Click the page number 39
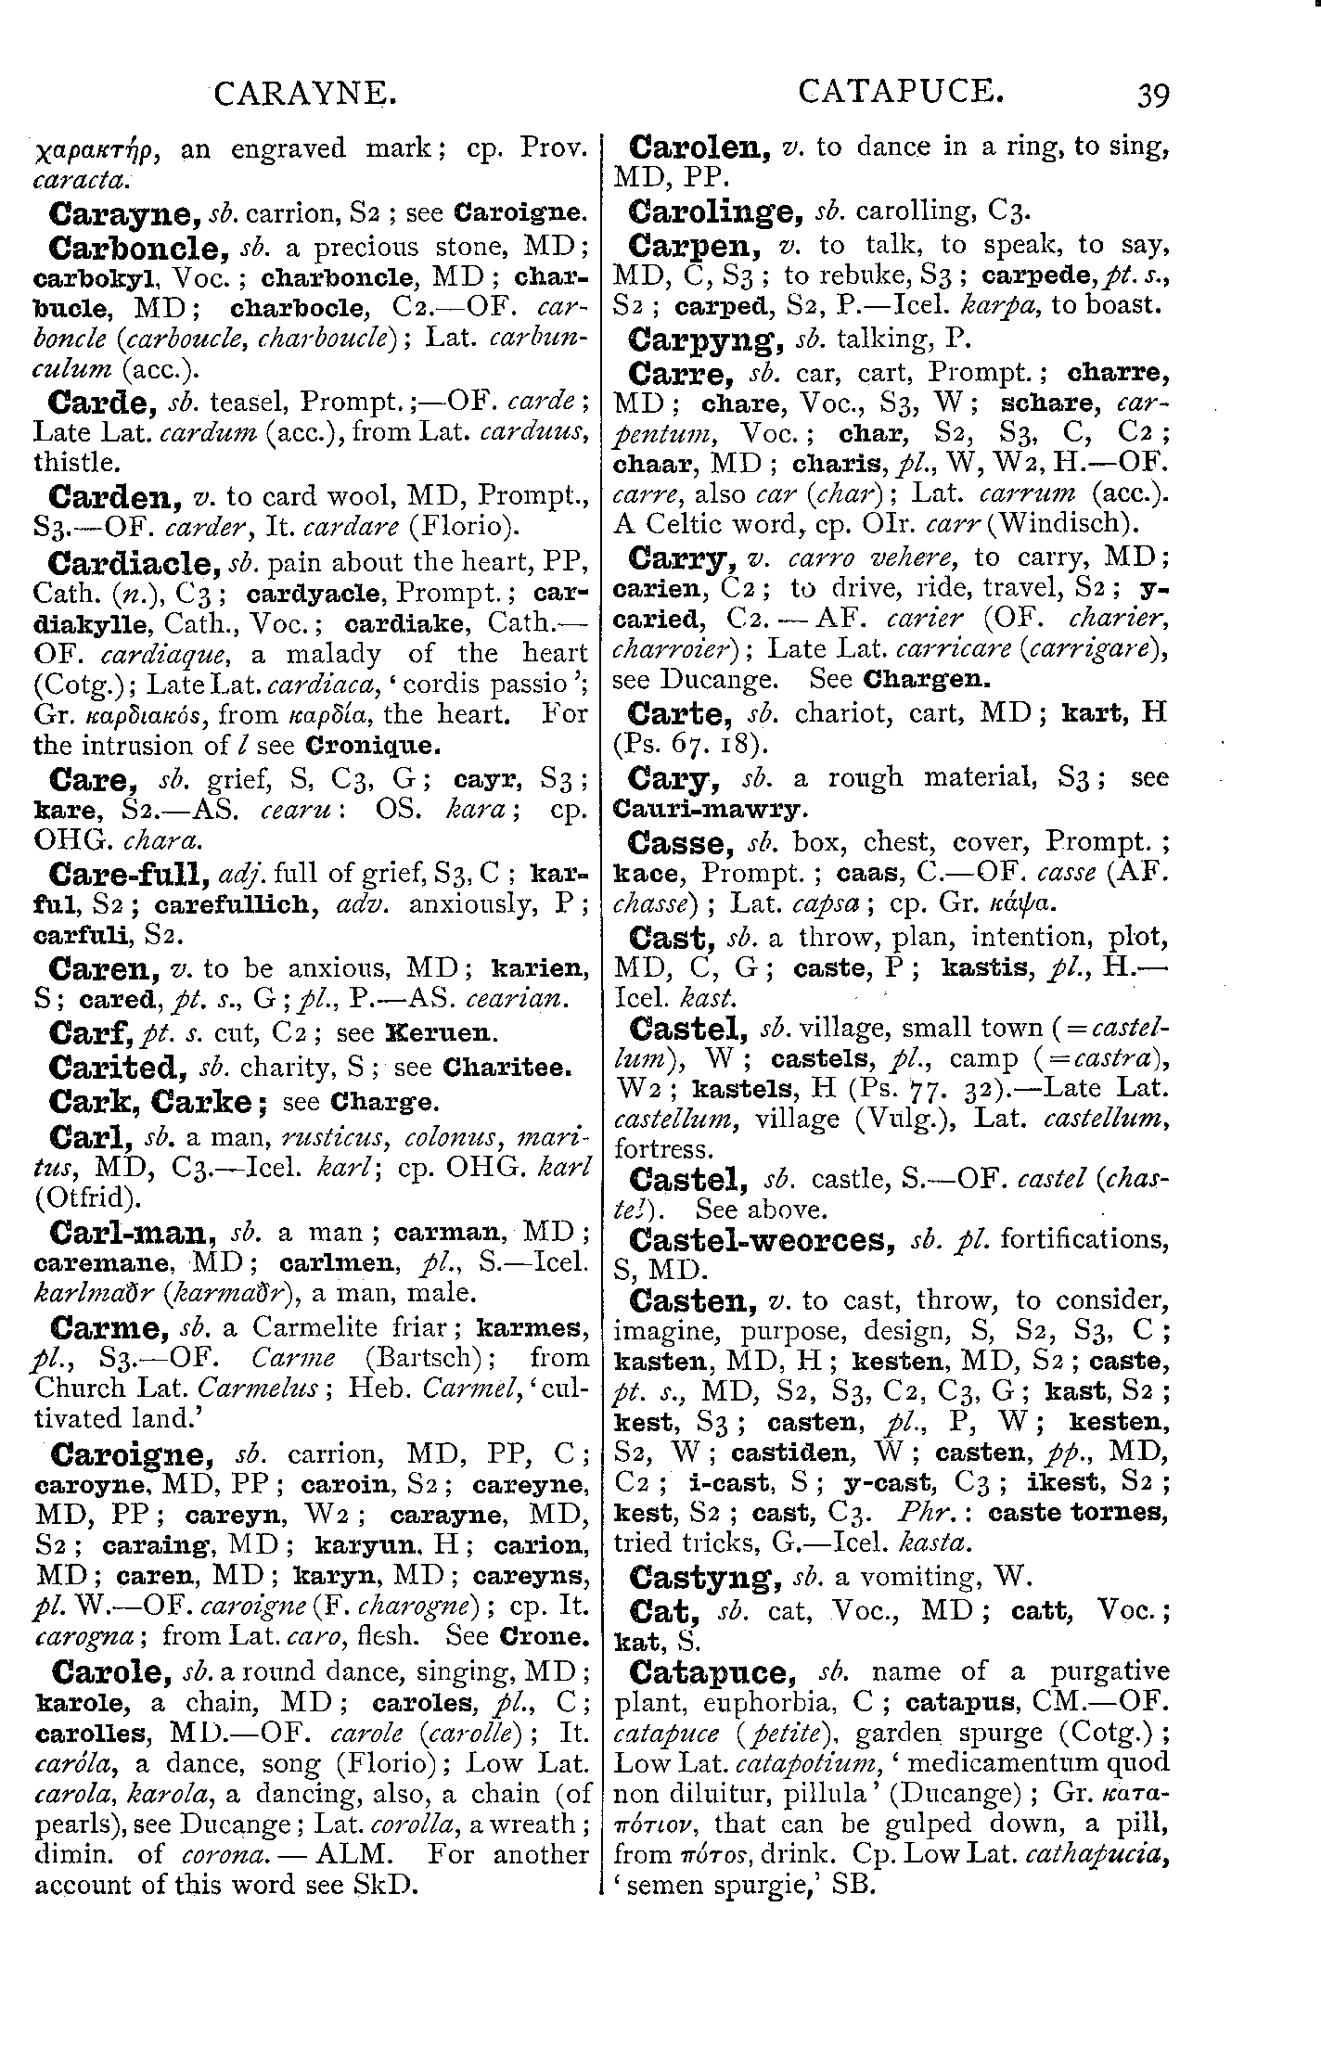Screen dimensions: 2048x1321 click(1150, 95)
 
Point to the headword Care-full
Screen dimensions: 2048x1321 click(130, 874)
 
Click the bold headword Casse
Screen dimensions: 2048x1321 click(673, 843)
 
